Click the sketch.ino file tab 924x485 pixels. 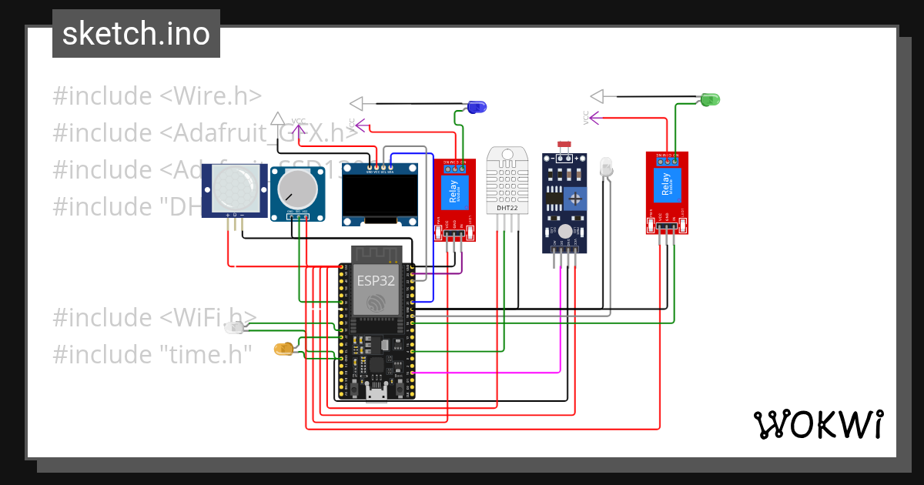point(136,34)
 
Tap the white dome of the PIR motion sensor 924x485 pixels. point(230,188)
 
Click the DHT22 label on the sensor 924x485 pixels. point(507,208)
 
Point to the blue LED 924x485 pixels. point(477,106)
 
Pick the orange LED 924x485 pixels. point(283,350)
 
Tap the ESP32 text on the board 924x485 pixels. point(376,280)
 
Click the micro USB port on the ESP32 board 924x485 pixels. point(377,396)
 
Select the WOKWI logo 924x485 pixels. point(817,424)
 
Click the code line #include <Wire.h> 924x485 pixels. point(157,96)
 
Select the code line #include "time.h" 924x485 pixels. point(152,354)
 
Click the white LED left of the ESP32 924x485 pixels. point(234,328)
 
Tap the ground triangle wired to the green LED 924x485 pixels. point(597,96)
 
